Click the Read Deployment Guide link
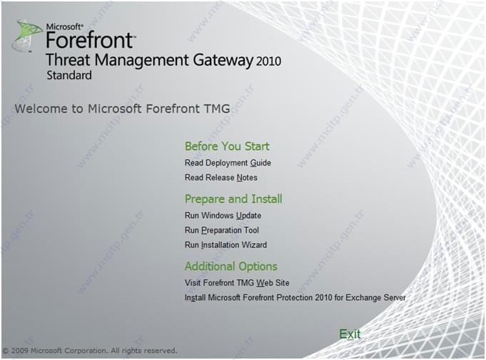pos(228,163)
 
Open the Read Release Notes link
pos(221,178)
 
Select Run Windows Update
pos(223,216)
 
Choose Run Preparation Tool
pos(222,230)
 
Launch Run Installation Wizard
pos(226,245)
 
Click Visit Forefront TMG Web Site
pos(237,283)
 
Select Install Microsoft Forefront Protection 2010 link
pos(295,298)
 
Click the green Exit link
pos(350,334)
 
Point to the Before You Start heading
pos(227,146)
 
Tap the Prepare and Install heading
pos(233,199)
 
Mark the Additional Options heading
pos(231,266)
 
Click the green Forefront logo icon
pos(27,36)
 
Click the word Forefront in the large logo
pos(90,40)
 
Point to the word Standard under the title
pos(69,76)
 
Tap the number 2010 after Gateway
pos(269,61)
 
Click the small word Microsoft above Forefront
pos(64,26)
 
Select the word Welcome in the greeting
pos(41,109)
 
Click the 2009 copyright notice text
pos(90,351)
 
